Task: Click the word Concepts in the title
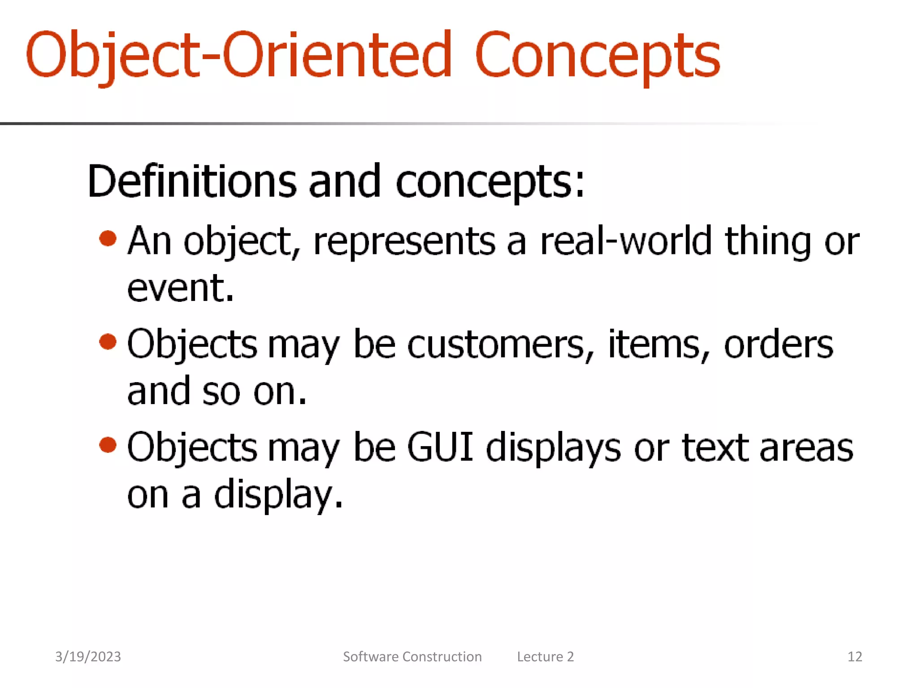click(x=597, y=56)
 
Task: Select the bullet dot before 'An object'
click(x=108, y=238)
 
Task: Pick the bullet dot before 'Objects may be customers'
click(x=108, y=342)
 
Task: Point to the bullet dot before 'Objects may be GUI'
click(x=108, y=445)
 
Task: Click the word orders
click(x=779, y=345)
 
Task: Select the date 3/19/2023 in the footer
click(x=88, y=657)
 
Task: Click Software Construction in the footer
click(x=412, y=657)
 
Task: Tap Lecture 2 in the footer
click(x=546, y=657)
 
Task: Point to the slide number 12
click(x=855, y=657)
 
